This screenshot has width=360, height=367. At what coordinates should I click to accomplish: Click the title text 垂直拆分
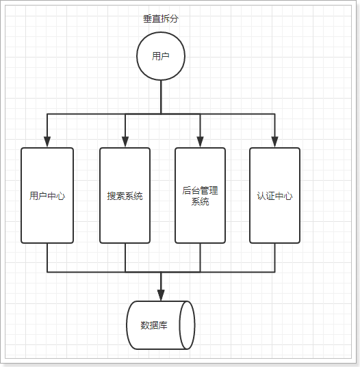tap(161, 19)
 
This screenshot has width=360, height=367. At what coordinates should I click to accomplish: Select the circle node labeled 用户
tap(161, 56)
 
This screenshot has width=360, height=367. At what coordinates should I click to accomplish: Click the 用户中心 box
tap(47, 195)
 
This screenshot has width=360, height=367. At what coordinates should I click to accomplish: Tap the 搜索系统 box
tap(125, 195)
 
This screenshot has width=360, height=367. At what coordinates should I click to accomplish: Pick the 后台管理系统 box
tap(200, 195)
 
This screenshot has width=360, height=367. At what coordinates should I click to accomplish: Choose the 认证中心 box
tap(274, 195)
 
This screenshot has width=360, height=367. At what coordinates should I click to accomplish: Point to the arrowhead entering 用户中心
tap(47, 142)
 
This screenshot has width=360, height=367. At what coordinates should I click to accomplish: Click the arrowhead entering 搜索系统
tap(125, 142)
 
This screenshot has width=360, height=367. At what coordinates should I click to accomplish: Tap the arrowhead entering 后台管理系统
tap(200, 142)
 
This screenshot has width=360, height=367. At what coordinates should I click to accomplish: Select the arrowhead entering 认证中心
tap(274, 142)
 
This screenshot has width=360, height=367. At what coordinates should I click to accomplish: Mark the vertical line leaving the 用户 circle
tap(161, 96)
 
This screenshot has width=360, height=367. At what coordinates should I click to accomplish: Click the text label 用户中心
tap(47, 196)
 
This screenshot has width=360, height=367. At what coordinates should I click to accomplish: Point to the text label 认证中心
tap(274, 196)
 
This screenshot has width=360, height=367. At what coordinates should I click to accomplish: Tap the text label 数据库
tap(153, 325)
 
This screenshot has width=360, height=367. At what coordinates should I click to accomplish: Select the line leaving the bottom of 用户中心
tap(47, 257)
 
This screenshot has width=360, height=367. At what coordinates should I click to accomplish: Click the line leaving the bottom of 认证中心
tap(274, 257)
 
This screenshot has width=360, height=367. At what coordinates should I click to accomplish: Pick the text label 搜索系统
tap(125, 196)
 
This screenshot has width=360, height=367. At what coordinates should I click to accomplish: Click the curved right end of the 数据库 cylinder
tap(188, 325)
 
